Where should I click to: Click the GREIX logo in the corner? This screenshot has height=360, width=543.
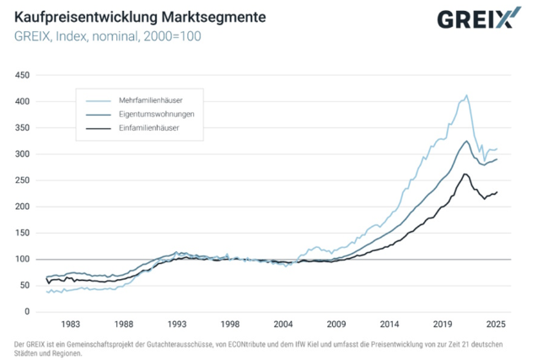coord(473,19)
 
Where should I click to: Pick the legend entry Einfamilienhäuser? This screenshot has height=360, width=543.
coord(148,128)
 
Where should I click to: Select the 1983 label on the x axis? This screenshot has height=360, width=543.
coord(71,324)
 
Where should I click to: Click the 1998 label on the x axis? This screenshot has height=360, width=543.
coord(231,324)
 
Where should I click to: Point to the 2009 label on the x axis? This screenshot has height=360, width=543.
coord(337,324)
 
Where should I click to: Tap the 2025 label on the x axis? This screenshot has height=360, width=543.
coord(497,324)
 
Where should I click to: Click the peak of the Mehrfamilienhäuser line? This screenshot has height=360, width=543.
coord(466,95)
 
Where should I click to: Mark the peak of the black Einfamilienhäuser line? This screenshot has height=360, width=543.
coord(465,174)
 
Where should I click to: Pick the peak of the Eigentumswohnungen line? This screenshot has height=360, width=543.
coord(466,141)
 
